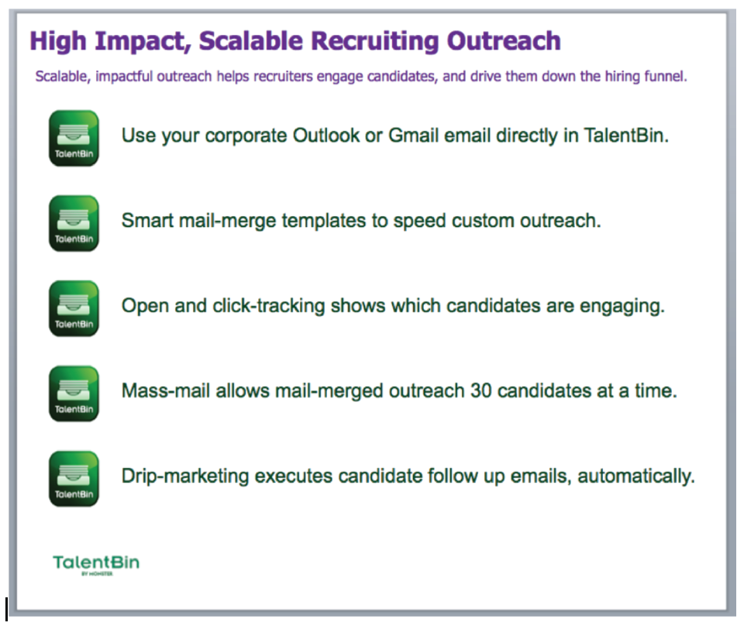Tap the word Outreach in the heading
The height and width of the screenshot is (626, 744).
click(x=504, y=40)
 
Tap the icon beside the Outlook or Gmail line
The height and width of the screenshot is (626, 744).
click(x=74, y=139)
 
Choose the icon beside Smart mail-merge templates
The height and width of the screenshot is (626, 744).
click(x=74, y=223)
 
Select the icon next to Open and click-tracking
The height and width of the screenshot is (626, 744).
click(x=74, y=308)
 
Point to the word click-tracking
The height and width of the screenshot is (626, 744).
click(x=269, y=306)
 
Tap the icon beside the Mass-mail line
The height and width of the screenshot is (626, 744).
click(x=74, y=394)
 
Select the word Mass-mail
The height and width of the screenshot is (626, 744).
click(x=166, y=391)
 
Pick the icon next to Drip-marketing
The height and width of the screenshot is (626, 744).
click(x=74, y=479)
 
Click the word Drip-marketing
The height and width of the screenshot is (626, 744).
click(x=185, y=476)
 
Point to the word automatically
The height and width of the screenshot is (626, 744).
click(x=636, y=476)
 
